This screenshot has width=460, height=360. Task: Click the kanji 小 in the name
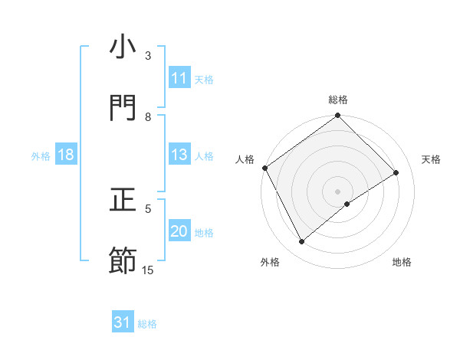point(123,47)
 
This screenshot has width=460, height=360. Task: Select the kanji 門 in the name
point(123,108)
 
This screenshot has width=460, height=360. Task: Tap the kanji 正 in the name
point(123,201)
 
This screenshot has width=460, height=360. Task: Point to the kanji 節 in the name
point(123,260)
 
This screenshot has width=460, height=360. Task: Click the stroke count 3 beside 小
point(149,56)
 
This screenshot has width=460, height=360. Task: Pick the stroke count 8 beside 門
point(149,116)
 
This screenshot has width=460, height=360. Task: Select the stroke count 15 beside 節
point(148,270)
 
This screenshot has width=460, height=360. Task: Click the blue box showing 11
point(179,78)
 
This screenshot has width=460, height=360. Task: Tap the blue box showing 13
point(179,155)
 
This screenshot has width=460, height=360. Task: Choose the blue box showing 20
point(179,232)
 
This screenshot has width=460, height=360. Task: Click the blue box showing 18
point(66,155)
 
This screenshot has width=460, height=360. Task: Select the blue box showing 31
point(123,322)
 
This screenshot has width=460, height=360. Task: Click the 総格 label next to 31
point(148,324)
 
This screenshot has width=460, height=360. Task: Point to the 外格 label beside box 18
point(41,156)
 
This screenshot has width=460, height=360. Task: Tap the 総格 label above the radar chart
point(338,100)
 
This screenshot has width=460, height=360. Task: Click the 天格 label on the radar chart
point(432,159)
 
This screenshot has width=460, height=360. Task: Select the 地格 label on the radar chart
point(402,262)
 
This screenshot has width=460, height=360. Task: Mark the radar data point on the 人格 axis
point(265,168)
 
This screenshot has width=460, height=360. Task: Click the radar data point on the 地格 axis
point(347,204)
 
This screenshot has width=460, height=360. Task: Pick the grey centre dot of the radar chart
point(338,191)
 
